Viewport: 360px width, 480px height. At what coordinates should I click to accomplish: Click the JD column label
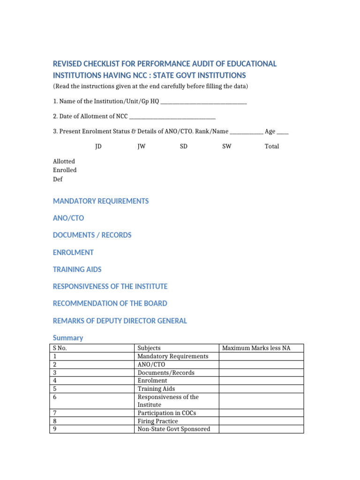tap(98, 146)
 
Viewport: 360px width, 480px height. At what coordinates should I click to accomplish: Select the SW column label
tap(226, 146)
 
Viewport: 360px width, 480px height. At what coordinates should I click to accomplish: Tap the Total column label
tap(272, 146)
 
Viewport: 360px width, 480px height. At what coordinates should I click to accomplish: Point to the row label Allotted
tap(64, 161)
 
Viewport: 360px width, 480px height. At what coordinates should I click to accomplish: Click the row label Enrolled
tap(65, 170)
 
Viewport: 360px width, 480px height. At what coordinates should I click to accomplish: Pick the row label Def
tap(58, 179)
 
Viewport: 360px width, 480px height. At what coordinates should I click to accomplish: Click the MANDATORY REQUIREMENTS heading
tap(101, 201)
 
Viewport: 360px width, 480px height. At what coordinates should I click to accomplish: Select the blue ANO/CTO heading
tap(68, 218)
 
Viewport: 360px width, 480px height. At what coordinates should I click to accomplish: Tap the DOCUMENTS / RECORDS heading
tap(92, 235)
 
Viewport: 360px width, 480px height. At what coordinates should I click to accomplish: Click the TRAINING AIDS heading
tap(77, 270)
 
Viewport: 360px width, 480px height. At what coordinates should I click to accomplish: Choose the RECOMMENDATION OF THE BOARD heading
tap(110, 303)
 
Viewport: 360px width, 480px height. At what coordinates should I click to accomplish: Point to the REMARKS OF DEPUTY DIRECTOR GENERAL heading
tap(120, 321)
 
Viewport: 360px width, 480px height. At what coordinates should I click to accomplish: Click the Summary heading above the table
tap(68, 337)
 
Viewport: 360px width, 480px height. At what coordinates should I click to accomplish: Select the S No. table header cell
tap(63, 348)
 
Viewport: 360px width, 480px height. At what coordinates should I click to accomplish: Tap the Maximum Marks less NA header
tap(256, 348)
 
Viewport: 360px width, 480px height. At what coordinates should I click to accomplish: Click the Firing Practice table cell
tap(157, 421)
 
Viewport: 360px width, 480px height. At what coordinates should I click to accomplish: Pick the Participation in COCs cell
tap(166, 413)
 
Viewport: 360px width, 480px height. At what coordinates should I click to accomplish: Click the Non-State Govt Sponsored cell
tap(173, 429)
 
